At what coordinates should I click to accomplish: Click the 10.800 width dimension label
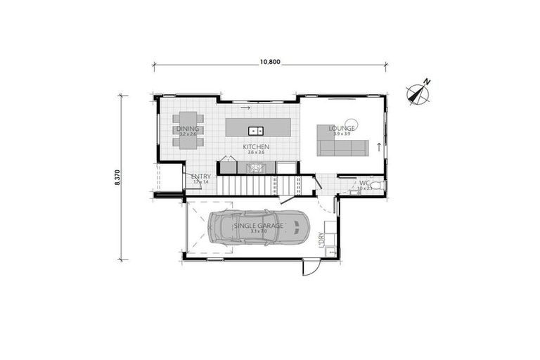pyautogui.click(x=270, y=62)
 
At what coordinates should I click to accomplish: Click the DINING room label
pyautogui.click(x=188, y=129)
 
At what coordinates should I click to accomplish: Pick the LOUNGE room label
pyautogui.click(x=342, y=129)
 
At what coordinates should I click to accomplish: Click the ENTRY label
pyautogui.click(x=200, y=176)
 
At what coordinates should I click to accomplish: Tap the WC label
pyautogui.click(x=364, y=184)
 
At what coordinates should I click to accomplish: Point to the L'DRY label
pyautogui.click(x=321, y=240)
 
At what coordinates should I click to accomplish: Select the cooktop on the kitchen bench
pyautogui.click(x=257, y=167)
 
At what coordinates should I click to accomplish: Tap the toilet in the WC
pyautogui.click(x=376, y=186)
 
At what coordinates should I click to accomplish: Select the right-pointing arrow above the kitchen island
pyautogui.click(x=245, y=109)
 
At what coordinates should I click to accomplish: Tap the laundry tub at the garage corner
pyautogui.click(x=328, y=250)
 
